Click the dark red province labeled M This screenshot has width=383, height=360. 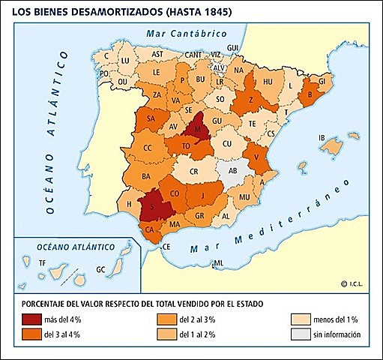[x=197, y=129]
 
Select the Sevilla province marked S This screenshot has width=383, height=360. [x=154, y=206]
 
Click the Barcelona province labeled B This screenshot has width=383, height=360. [x=309, y=95]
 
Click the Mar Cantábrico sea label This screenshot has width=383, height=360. [x=187, y=34]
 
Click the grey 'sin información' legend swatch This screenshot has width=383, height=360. [x=299, y=334]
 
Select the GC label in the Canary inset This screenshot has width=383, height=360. [x=100, y=268]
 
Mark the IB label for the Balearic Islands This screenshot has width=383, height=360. [x=323, y=137]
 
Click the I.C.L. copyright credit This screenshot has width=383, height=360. [x=356, y=283]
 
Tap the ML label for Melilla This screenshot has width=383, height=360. [x=218, y=262]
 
